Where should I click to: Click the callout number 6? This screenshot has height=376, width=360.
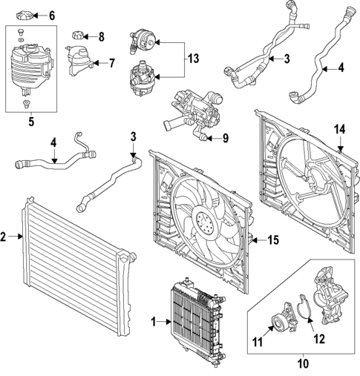tap(52, 16)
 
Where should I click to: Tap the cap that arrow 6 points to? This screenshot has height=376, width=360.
tap(23, 16)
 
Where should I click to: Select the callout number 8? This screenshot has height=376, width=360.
tap(101, 37)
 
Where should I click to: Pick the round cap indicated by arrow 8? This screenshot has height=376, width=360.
tap(78, 35)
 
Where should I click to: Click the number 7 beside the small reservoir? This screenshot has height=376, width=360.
tap(112, 63)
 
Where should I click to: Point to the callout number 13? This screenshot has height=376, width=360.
tap(193, 59)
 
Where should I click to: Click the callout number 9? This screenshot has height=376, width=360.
tap(226, 139)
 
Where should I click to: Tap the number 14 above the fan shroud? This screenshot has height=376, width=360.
tap(340, 130)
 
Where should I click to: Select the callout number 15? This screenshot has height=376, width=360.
tap(273, 240)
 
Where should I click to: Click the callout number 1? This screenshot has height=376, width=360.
tap(154, 322)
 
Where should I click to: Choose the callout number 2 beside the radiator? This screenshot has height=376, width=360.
tap(3, 237)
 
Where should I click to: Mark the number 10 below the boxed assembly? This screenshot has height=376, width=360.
tap(304, 364)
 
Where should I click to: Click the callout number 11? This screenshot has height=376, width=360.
tap(258, 343)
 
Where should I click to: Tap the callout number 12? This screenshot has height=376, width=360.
tap(319, 339)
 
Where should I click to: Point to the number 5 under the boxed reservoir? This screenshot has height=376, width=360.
tap(31, 122)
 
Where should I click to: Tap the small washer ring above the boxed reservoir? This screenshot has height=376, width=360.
tap(21, 40)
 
